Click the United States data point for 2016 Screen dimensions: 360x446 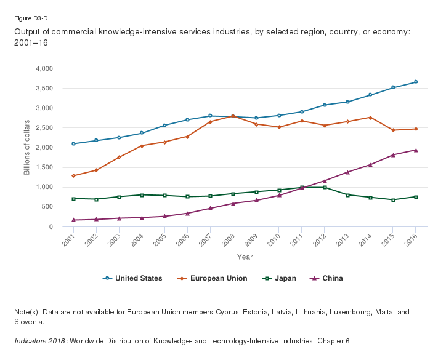point(416,82)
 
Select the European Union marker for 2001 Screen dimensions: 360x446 point(73,176)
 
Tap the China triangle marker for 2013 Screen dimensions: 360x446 point(347,172)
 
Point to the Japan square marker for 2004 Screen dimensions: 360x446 point(142,195)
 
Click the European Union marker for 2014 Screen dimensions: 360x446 point(370,118)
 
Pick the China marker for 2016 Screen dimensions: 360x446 point(416,150)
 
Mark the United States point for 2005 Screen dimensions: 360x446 point(164,126)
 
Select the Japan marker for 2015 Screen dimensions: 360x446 point(393,200)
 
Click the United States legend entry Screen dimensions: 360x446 point(132,278)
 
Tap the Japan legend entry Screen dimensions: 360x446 point(280,278)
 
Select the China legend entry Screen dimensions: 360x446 point(326,278)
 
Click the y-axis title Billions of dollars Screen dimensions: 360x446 point(27,147)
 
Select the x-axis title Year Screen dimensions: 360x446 point(245,257)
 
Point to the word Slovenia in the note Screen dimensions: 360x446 point(28,322)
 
